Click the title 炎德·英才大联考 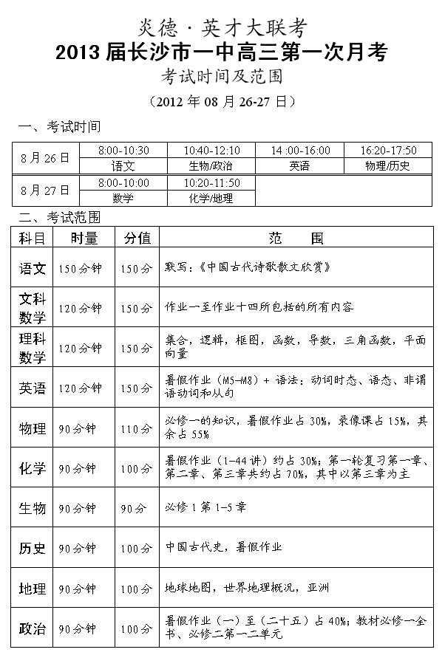pos(222,28)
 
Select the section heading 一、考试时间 pos(59,128)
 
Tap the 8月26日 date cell pos(46,157)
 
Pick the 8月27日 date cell pos(46,190)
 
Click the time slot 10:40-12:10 pos(211,150)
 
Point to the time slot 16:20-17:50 pos(388,150)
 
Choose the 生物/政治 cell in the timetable pos(211,166)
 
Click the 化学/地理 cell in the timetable pos(211,199)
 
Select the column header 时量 pos(84,238)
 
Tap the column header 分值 pos(137,238)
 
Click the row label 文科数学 pos(33,308)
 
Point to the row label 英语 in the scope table pos(33,388)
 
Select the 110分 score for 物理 pos(137,428)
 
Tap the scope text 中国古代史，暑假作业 pos(224,548)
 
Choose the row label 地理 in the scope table pos(33,589)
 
